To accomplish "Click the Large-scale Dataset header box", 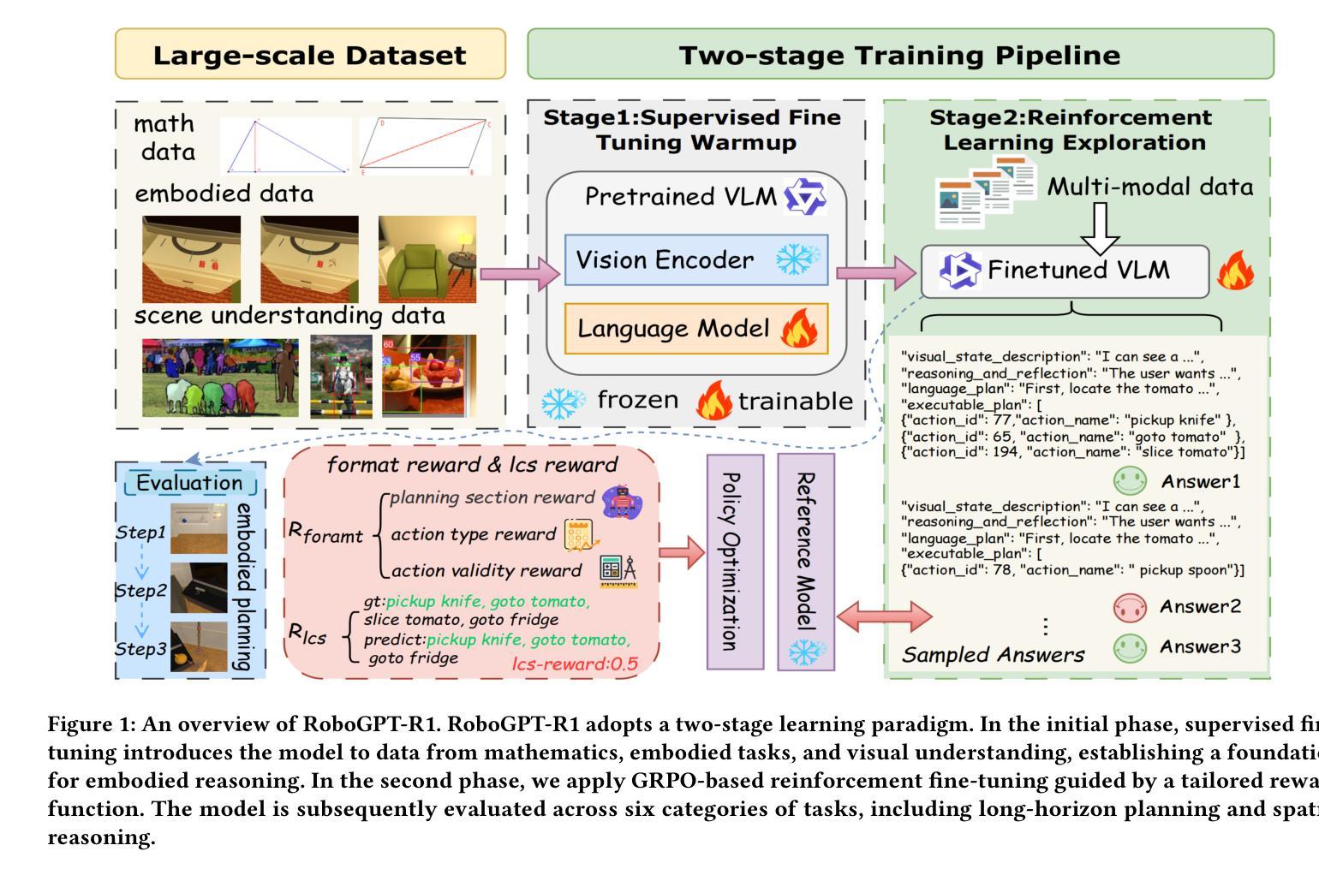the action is [310, 54].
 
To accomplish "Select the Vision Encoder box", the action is [695, 259].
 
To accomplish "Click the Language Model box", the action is [695, 329].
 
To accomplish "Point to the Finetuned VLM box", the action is [1065, 271].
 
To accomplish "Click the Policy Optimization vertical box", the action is [734, 561].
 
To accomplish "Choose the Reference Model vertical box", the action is [805, 561].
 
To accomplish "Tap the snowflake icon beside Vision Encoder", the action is [797, 259].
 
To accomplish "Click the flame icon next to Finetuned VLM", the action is [1234, 271].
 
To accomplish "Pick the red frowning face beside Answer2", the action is [1129, 607].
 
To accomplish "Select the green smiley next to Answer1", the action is [1129, 480].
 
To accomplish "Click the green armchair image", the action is [427, 259].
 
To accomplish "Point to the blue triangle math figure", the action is [285, 146].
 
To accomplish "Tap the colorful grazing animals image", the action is [220, 378].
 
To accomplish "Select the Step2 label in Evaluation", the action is [141, 591].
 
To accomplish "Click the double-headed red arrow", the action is [884, 616].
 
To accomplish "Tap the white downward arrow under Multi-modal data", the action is [1100, 227].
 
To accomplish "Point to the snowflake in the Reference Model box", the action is [805, 652].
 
